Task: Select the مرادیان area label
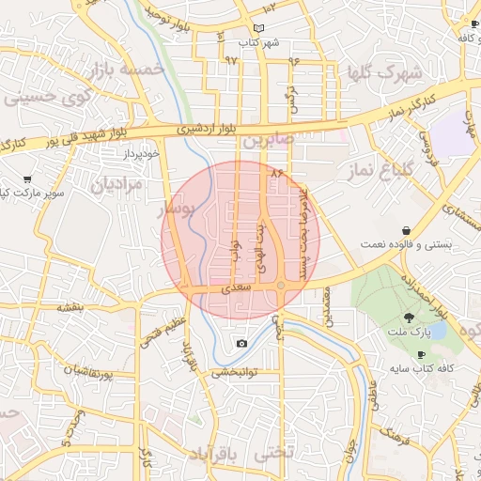(x=117, y=185)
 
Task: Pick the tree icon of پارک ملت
(x=409, y=317)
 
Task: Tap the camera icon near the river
(x=242, y=344)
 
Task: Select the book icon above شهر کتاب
(x=272, y=30)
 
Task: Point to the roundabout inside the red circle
(x=280, y=285)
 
